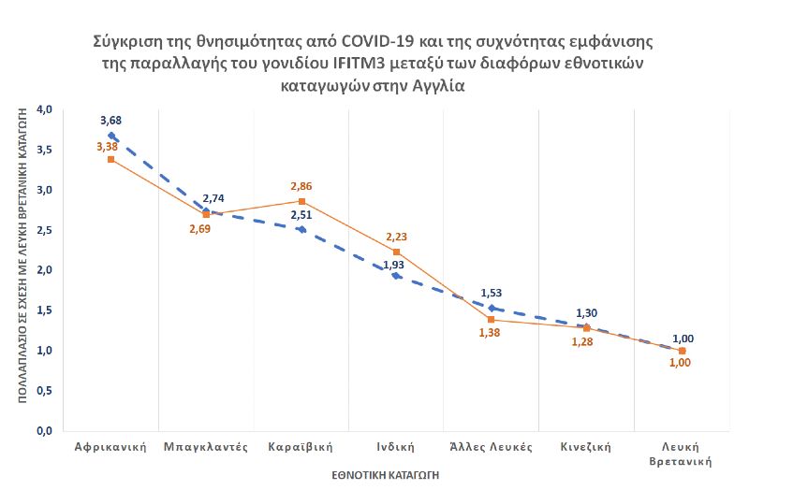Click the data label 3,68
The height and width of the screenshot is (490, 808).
(112, 121)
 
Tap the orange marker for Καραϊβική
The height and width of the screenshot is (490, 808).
(301, 201)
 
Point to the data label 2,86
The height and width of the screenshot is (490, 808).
(301, 186)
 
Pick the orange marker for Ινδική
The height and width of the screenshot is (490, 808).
(396, 252)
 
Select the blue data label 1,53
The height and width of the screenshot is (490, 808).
(492, 294)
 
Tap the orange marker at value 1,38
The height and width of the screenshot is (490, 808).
(492, 320)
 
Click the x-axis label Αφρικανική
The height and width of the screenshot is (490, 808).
(111, 446)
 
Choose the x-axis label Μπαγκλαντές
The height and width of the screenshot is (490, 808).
(206, 446)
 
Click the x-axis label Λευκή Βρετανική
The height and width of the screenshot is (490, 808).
(682, 453)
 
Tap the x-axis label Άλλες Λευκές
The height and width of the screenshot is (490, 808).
(491, 446)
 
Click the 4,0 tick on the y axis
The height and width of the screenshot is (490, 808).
(43, 109)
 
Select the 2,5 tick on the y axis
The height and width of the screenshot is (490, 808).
(43, 230)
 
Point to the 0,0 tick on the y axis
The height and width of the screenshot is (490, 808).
(43, 431)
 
